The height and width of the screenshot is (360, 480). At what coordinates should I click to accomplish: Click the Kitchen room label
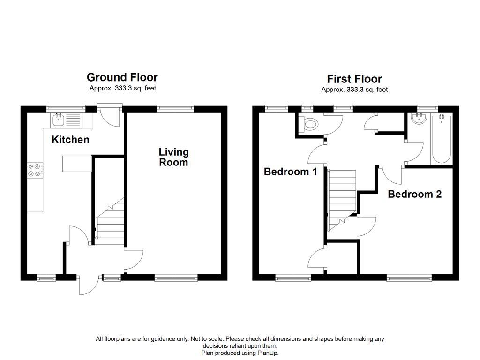pos(70,139)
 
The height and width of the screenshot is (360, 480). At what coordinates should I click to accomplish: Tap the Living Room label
pos(173,157)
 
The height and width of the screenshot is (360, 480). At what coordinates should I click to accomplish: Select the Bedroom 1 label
pos(290,172)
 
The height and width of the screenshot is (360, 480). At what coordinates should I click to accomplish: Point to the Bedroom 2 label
pos(414,194)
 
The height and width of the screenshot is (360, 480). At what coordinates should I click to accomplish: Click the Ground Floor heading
pos(122,77)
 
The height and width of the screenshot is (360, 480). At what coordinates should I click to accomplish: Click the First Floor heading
pos(354,79)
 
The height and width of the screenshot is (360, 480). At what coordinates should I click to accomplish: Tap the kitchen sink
pos(60,120)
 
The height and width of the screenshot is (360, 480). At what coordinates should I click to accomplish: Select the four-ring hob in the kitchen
pos(36,169)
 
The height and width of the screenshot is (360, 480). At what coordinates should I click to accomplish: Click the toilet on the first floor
pos(309,124)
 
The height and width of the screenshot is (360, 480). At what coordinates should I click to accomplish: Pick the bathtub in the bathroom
pos(442,139)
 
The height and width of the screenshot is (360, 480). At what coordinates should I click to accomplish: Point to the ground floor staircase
pos(110,222)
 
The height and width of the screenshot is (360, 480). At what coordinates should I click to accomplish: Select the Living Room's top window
pos(175,108)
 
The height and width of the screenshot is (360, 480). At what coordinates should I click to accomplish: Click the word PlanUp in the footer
pos(268,352)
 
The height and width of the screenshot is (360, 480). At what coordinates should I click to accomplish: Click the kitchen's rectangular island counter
pos(76,164)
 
